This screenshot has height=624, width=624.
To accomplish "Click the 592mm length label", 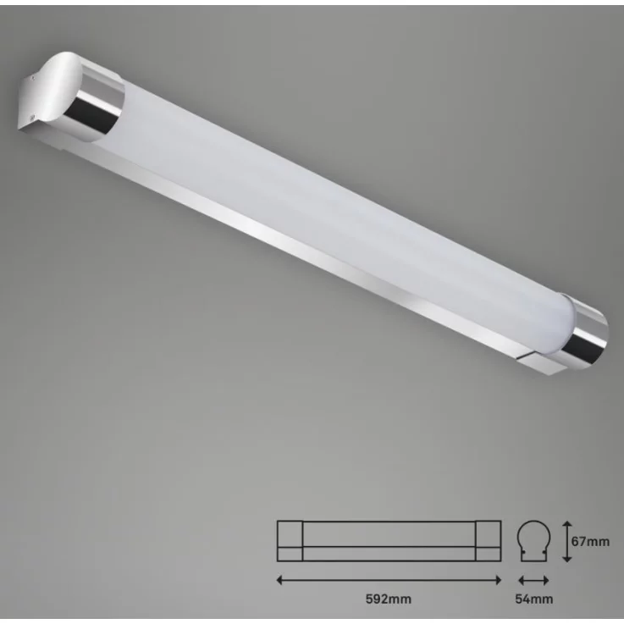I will (389, 599).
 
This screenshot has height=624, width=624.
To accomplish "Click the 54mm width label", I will (533, 599).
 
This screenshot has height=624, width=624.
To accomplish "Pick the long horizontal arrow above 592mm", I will (389, 580).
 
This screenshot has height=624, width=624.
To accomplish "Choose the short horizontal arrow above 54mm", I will (533, 580).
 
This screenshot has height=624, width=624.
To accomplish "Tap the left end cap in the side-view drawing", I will (290, 540).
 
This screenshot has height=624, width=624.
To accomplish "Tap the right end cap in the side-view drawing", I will (489, 540).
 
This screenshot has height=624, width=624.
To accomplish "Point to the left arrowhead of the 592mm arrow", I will (280, 580).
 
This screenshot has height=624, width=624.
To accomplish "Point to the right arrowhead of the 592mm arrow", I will (499, 580).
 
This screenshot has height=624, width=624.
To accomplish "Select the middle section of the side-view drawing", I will (389, 540).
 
